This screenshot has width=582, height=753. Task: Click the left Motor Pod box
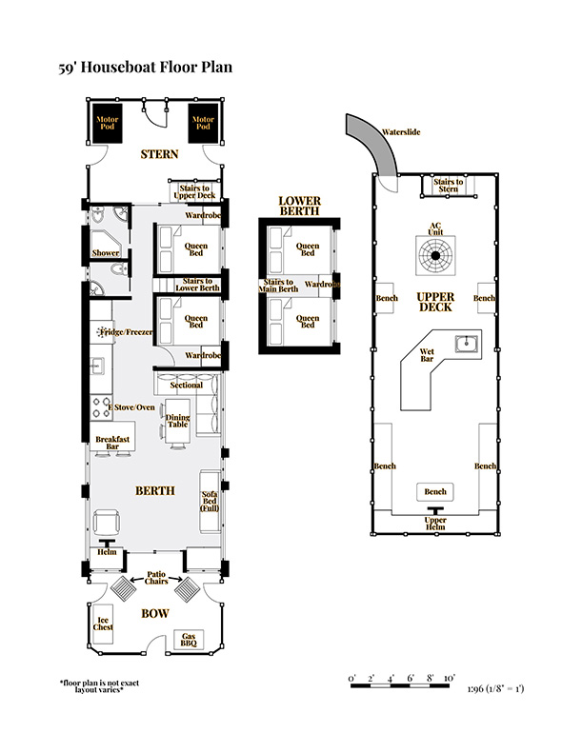point(108,123)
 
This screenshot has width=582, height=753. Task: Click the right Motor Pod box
point(203,123)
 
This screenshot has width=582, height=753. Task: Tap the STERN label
point(160,154)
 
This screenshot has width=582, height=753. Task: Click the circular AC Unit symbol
point(435,255)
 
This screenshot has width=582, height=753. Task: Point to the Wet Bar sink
point(466,344)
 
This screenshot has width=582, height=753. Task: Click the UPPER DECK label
point(435,302)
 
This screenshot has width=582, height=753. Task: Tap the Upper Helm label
point(435,524)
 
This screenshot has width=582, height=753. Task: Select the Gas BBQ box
point(189,640)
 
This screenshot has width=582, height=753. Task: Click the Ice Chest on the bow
point(103,624)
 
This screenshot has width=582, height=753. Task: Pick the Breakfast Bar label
point(112,443)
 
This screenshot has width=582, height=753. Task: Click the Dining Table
point(178,421)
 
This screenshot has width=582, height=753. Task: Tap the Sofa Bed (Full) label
point(210,501)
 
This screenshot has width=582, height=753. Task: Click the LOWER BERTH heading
point(299,206)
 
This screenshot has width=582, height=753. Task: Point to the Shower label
point(106,253)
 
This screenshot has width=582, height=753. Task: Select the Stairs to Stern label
point(449,186)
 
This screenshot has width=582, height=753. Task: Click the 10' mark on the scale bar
point(449,678)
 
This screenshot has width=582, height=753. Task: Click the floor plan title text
point(145,67)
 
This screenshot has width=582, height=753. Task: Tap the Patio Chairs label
point(156,578)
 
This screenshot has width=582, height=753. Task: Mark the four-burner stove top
point(101,407)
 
